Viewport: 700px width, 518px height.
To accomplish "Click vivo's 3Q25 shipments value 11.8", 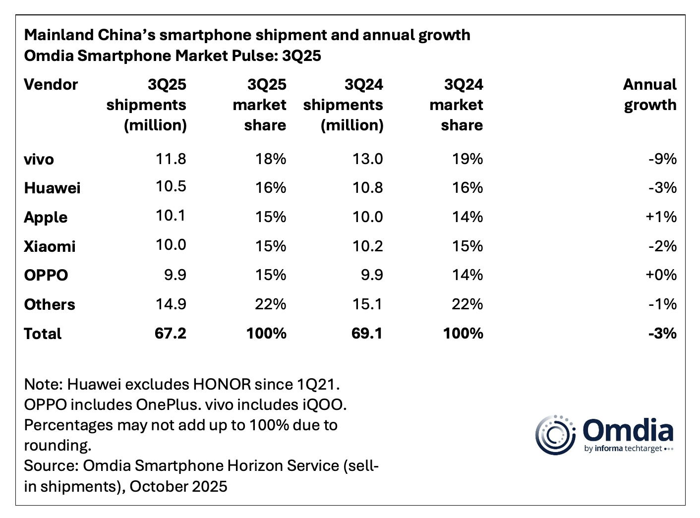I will tap(171, 159).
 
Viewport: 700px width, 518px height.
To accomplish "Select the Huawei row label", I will tap(52, 188).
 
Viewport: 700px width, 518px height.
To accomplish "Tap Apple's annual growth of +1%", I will tap(661, 217).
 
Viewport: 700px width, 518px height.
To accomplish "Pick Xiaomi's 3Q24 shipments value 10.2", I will tap(367, 246).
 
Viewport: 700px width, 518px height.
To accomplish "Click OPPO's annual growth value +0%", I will tap(661, 275).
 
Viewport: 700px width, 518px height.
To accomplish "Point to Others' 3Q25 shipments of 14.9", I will tap(171, 304).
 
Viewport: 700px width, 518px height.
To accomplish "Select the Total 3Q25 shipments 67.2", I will tap(170, 334).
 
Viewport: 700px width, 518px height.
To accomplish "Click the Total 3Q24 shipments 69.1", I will tap(367, 334).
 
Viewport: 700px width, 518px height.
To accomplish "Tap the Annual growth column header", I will tap(649, 95).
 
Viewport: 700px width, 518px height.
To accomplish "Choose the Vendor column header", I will tap(51, 85).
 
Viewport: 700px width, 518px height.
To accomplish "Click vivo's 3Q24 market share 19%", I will tap(467, 159).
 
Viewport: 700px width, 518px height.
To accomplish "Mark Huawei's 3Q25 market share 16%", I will tap(270, 188).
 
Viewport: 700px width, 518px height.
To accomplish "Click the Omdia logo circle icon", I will tap(555, 435).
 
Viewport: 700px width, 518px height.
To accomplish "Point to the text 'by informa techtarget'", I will tap(628, 449).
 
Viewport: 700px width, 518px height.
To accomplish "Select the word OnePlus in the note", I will tap(167, 405).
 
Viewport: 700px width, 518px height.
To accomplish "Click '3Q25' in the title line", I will tap(301, 56).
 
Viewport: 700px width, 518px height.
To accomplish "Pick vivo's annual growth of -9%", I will tap(662, 159).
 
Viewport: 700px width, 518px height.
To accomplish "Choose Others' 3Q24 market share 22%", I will tap(467, 304).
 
